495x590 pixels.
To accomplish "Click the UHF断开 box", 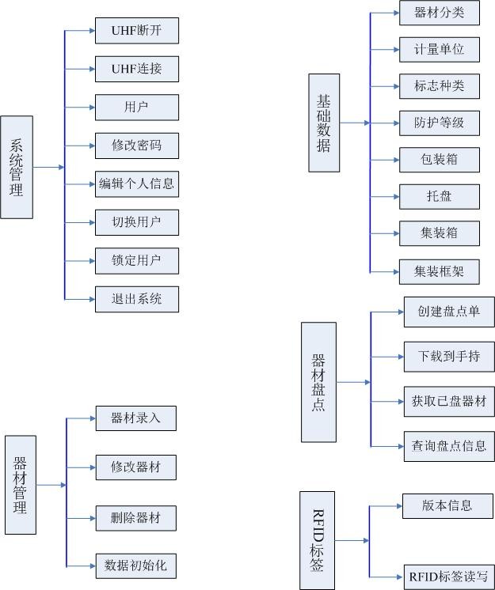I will coord(136,31).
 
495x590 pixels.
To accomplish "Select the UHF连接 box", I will coord(136,69).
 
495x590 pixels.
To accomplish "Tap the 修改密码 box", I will coord(136,146).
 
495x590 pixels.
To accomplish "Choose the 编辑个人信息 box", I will coord(136,184).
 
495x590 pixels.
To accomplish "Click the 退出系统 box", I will coord(136,299).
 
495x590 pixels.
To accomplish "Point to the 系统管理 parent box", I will coord(17,167).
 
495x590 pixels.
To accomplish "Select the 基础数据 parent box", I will coord(323,123).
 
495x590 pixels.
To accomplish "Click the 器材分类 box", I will coord(439,13).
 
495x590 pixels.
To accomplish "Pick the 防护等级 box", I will coord(439,123).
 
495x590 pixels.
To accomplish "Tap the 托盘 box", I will coord(439,196).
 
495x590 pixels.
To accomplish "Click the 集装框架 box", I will coord(439,271).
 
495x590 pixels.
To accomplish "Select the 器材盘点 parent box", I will coord(318,382).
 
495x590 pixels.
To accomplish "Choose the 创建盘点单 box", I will coord(448,312).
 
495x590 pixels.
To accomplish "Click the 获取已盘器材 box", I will coord(448,401).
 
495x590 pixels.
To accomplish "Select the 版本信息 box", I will coord(448,505).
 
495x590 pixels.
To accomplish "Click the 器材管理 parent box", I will coord(20,485).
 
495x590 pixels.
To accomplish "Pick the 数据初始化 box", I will coord(135,565).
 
